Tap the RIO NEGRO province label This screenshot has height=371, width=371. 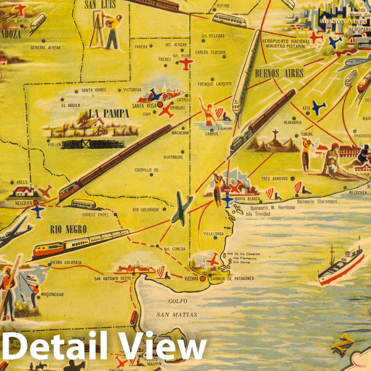tap(69, 229)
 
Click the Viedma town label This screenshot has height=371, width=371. tap(192, 279)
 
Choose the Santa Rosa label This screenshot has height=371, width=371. tap(145, 106)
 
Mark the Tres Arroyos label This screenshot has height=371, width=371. tap(275, 179)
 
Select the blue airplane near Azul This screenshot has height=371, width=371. tap(318, 108)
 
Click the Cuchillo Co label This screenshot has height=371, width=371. tap(148, 170)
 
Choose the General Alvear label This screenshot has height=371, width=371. tap(47, 48)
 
